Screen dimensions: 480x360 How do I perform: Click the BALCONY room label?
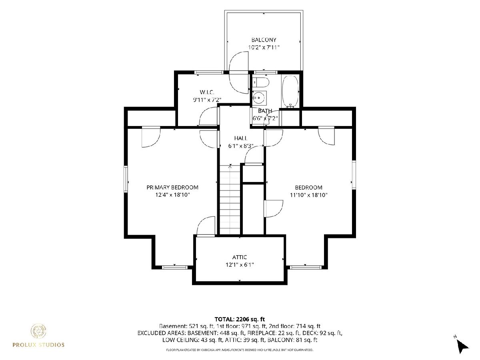pyautogui.click(x=264, y=40)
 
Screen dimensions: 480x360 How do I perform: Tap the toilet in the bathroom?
pyautogui.click(x=261, y=82)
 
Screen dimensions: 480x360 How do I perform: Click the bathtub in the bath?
pyautogui.click(x=290, y=92)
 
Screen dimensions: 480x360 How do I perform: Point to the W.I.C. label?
pyautogui.click(x=207, y=92)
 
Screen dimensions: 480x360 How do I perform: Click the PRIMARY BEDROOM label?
pyautogui.click(x=172, y=187)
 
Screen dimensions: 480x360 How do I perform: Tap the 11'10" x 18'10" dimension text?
pyautogui.click(x=308, y=195)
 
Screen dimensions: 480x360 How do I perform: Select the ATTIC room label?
pyautogui.click(x=240, y=257)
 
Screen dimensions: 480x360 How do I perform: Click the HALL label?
pyautogui.click(x=241, y=138)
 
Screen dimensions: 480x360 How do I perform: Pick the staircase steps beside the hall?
pyautogui.click(x=230, y=200)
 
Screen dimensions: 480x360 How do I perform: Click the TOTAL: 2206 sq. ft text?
pyautogui.click(x=240, y=319)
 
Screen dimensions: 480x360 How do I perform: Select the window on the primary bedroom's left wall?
pyautogui.click(x=126, y=179)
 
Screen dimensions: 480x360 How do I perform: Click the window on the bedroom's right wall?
pyautogui.click(x=354, y=174)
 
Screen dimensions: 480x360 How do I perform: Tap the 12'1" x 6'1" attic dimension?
pyautogui.click(x=240, y=265)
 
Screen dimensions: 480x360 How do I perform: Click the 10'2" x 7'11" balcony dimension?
pyautogui.click(x=264, y=47)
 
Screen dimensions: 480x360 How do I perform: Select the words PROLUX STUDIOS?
pyautogui.click(x=38, y=345)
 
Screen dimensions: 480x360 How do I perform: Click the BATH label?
pyautogui.click(x=265, y=111)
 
